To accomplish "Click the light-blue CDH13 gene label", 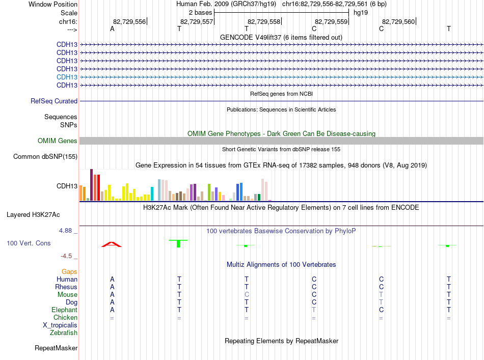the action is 67,77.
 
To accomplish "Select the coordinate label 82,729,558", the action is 264,21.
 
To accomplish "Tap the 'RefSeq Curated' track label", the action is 54,101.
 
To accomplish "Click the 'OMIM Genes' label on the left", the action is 58,141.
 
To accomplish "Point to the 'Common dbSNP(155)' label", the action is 45,157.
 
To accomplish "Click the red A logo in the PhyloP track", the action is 112,244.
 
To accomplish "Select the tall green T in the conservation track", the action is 178,243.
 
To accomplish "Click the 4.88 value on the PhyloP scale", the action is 65,231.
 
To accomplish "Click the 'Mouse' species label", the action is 67,295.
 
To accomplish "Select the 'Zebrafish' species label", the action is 64,333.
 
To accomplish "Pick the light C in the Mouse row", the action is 247,295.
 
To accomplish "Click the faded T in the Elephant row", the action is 314,310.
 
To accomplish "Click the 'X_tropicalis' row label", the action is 60,325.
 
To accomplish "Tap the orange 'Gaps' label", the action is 69,271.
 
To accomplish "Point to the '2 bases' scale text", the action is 201,13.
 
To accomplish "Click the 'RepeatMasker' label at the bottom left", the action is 56,348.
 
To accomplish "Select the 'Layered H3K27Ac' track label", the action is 33,215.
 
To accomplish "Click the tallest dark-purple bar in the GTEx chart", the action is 91,185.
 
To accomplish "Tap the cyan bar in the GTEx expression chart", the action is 152,193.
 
